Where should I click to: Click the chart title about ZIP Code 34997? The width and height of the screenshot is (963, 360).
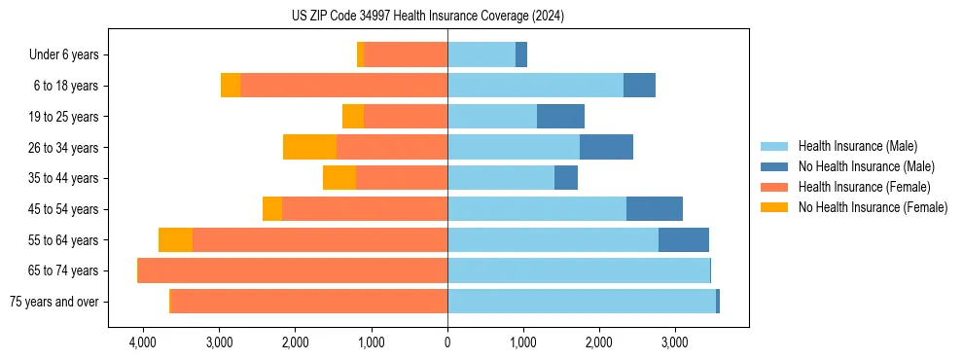coord(428,17)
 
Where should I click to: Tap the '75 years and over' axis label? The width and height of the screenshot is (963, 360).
coord(53,302)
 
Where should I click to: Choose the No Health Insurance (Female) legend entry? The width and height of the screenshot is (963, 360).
coord(873,207)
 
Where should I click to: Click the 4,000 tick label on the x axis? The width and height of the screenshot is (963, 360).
coord(143,342)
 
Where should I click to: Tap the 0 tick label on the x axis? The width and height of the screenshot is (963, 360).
coord(447,342)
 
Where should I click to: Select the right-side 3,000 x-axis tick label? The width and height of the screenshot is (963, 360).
coord(674,342)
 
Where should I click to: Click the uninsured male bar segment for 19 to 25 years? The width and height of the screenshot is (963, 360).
coord(560,117)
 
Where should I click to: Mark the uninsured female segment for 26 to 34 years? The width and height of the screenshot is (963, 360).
coord(309,148)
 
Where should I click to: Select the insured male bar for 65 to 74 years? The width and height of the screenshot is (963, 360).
coord(579,270)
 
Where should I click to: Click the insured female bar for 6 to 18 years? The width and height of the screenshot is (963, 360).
coord(343,86)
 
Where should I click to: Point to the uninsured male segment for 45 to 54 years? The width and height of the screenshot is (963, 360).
coord(655,209)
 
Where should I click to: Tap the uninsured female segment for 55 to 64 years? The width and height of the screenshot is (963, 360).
coord(175,240)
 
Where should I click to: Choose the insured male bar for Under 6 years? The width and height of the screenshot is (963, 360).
coord(481,55)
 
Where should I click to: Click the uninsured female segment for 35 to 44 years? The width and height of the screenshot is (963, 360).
coord(339,178)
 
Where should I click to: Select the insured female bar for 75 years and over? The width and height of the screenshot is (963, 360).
coord(308,302)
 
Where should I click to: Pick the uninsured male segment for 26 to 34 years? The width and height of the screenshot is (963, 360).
coord(606,148)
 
